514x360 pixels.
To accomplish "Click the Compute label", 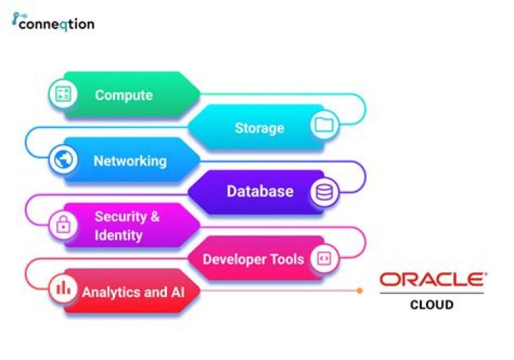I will (x=124, y=95).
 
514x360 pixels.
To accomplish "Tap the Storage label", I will (x=259, y=128).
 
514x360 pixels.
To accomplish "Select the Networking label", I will (x=130, y=161).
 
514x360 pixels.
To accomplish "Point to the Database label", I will (x=260, y=191).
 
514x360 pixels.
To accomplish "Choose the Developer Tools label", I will (x=253, y=259).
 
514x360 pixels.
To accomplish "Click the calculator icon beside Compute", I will (x=63, y=94).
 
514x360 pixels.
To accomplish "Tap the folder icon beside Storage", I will (x=324, y=126).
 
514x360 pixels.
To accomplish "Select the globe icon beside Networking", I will (x=63, y=160).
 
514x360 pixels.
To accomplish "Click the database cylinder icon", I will (x=324, y=192).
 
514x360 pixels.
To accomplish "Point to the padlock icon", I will (x=63, y=226).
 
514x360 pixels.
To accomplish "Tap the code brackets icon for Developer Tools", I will (x=324, y=259).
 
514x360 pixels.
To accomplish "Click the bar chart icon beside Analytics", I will (x=63, y=289).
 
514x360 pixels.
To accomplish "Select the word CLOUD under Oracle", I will (x=431, y=305).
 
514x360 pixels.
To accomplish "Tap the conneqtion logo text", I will (x=57, y=24).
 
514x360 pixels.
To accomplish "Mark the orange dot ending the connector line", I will (x=360, y=291).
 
